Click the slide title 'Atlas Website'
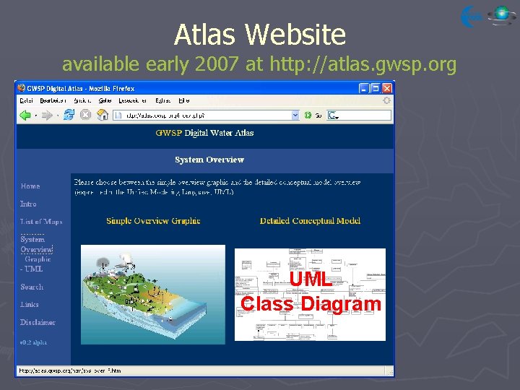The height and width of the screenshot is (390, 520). pyautogui.click(x=260, y=34)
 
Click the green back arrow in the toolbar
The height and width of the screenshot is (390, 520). pyautogui.click(x=25, y=115)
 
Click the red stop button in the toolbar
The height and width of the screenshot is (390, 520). pyautogui.click(x=84, y=115)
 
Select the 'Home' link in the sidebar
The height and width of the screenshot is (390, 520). pyautogui.click(x=30, y=186)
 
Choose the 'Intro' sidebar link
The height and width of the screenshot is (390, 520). pyautogui.click(x=28, y=204)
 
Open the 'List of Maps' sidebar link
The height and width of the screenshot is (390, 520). pyautogui.click(x=41, y=222)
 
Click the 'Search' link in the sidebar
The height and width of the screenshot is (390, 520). pyautogui.click(x=32, y=287)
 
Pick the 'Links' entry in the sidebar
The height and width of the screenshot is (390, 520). pyautogui.click(x=30, y=305)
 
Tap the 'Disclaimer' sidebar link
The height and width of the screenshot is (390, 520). pyautogui.click(x=38, y=323)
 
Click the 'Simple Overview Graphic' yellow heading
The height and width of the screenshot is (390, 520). pyautogui.click(x=153, y=221)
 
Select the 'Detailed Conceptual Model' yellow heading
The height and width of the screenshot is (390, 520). pyautogui.click(x=310, y=221)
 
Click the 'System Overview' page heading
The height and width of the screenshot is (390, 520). pyautogui.click(x=209, y=160)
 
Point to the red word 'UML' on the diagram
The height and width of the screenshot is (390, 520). pyautogui.click(x=311, y=280)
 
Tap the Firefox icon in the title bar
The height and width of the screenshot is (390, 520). pyautogui.click(x=22, y=87)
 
